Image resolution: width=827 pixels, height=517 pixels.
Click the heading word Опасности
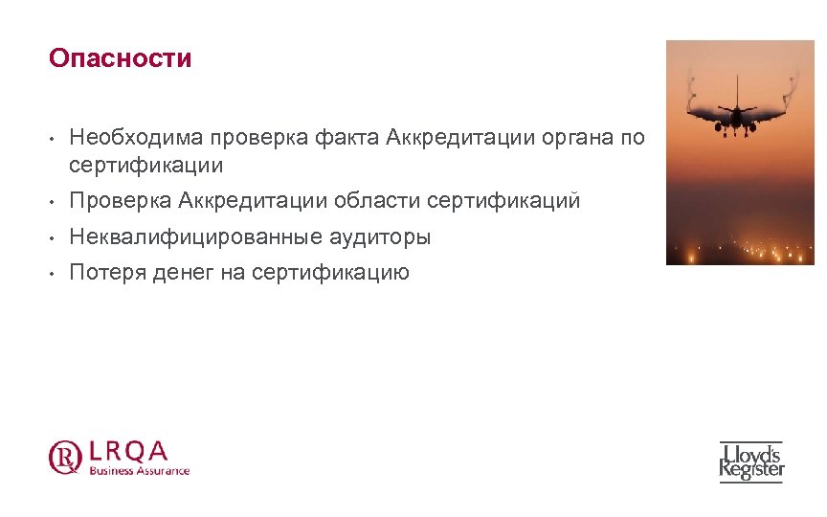(121, 58)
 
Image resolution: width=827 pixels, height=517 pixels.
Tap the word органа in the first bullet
(574, 138)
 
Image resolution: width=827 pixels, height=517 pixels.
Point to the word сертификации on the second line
(146, 165)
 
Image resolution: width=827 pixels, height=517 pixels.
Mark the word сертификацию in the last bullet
(330, 273)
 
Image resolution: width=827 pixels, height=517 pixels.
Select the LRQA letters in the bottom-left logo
(128, 450)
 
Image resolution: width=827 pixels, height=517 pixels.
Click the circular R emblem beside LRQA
(65, 456)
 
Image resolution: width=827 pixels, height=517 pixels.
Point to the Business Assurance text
(140, 470)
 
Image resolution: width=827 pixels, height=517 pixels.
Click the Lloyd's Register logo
(751, 461)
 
